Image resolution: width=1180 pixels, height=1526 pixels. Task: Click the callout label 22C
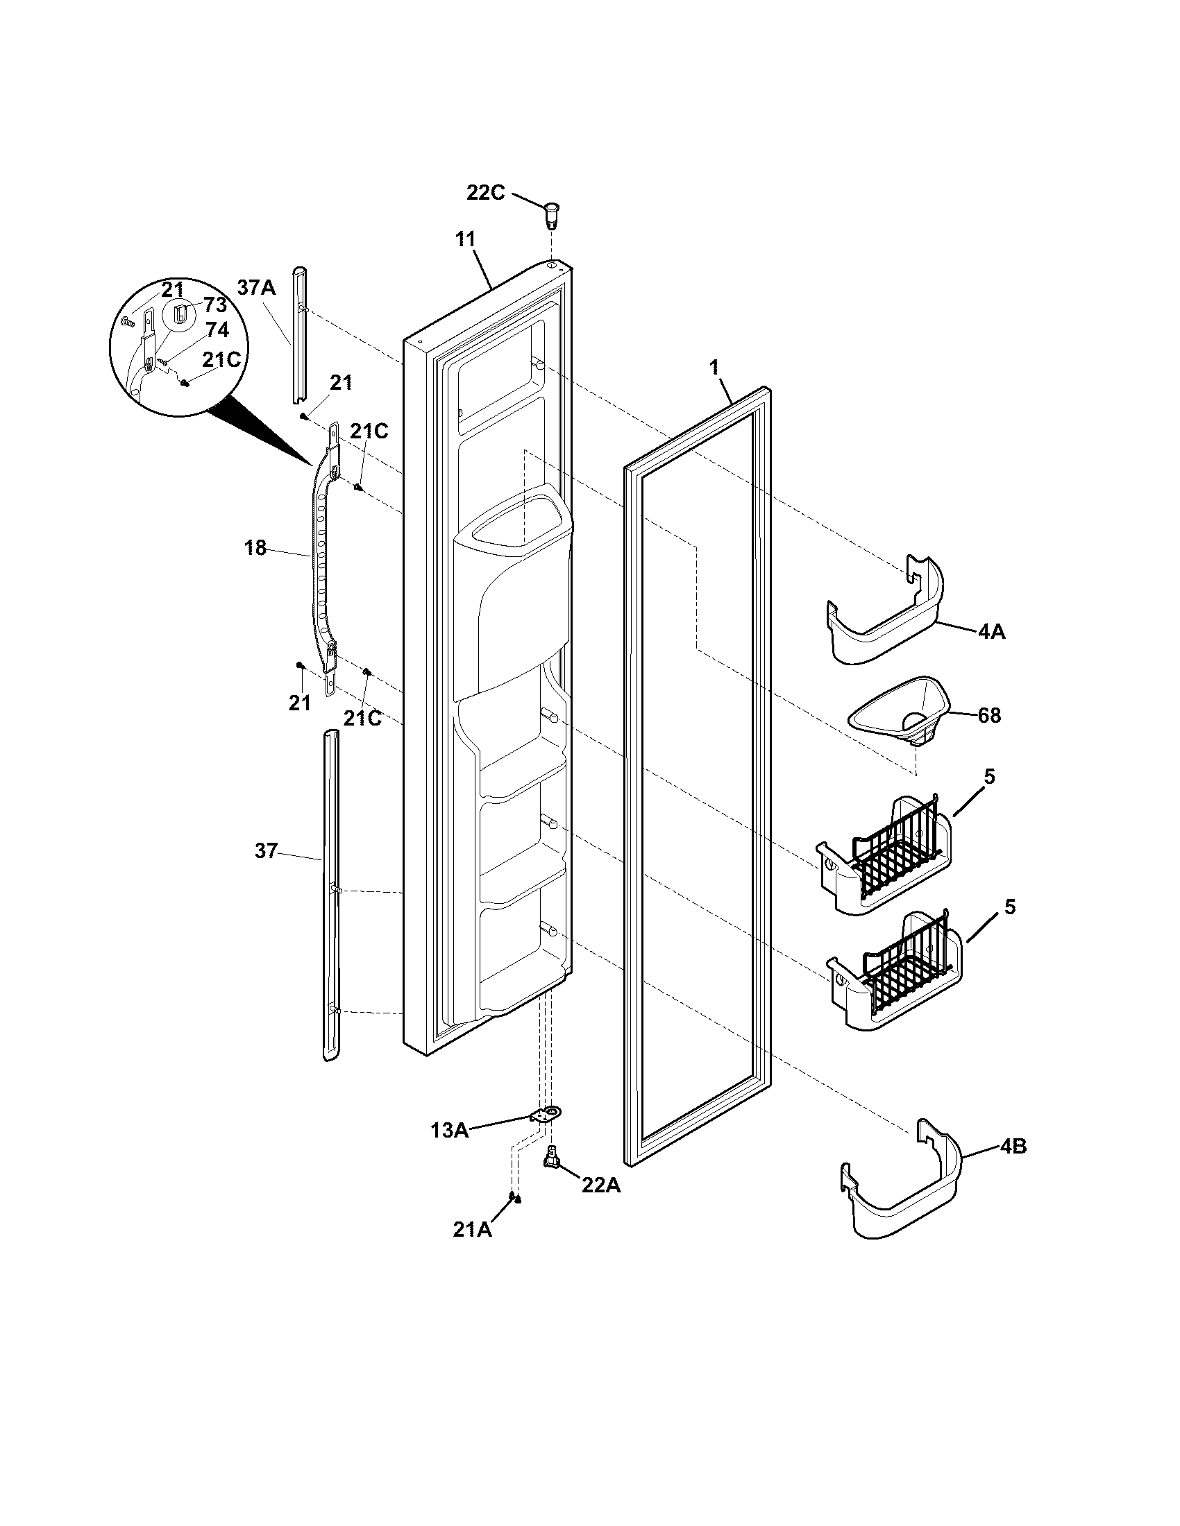click(485, 192)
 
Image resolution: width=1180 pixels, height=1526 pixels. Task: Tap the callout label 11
click(465, 240)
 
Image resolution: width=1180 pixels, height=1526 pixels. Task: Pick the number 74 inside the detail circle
click(217, 330)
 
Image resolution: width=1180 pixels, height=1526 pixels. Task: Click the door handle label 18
click(255, 548)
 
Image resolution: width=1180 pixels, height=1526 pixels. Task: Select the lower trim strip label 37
click(266, 851)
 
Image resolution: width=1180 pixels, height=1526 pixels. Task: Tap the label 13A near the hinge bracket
click(450, 1130)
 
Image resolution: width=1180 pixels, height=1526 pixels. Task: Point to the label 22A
click(600, 1184)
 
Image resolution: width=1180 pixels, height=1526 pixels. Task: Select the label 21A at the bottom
click(473, 1230)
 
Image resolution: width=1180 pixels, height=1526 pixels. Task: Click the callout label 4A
click(991, 632)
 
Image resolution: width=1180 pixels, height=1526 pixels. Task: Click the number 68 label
click(988, 716)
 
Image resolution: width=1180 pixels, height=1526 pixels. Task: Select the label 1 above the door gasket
click(714, 368)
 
